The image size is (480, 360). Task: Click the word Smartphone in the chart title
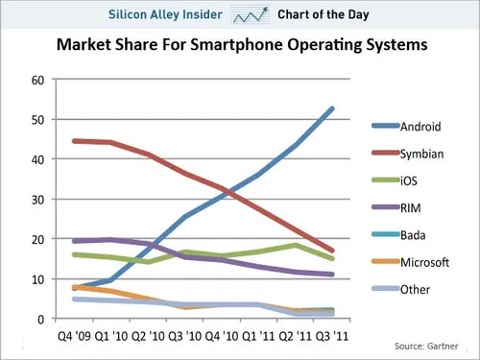218,45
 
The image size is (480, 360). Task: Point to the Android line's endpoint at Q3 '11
333,108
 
